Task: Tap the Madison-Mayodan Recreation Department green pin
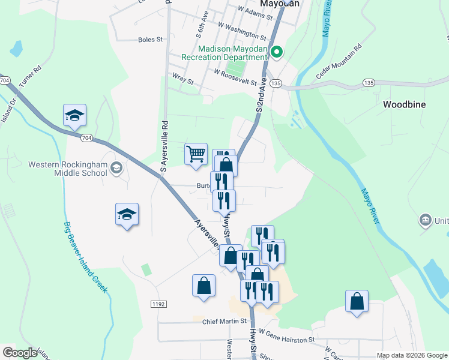tap(276, 53)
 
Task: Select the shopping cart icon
tap(196, 154)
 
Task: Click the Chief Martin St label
tap(224, 321)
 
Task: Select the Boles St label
tap(151, 40)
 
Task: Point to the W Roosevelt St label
tap(235, 76)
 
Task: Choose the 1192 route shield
tap(158, 305)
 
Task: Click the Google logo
tap(20, 353)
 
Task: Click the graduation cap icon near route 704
tap(75, 115)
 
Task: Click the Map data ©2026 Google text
tap(412, 355)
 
